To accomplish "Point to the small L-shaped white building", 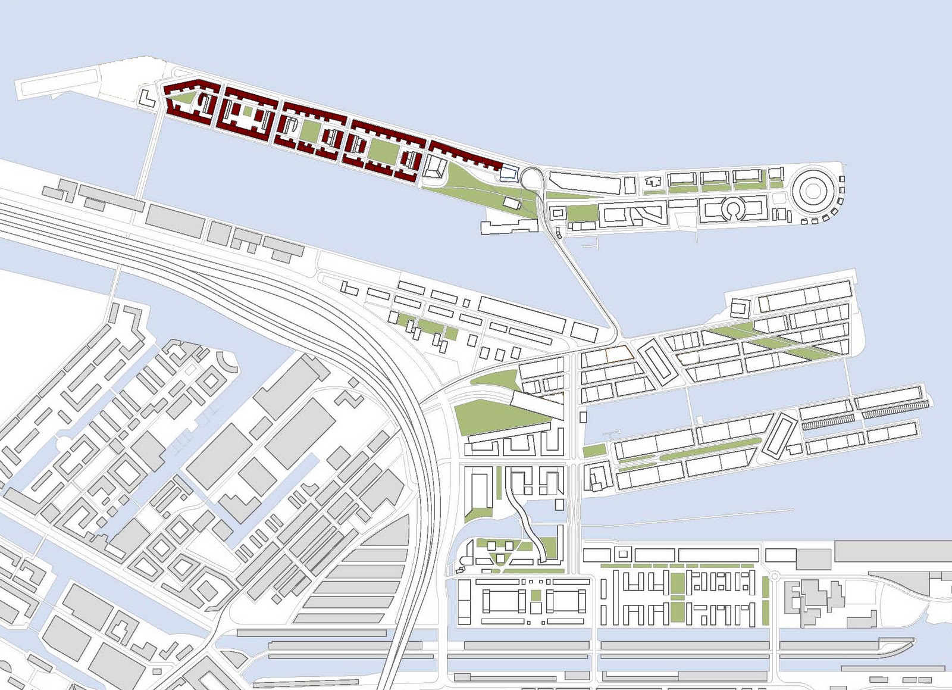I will tap(147, 98).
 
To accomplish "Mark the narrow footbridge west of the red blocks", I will tap(149, 155).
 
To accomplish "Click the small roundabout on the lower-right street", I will tap(775, 576).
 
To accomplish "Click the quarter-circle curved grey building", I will tap(227, 360).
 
